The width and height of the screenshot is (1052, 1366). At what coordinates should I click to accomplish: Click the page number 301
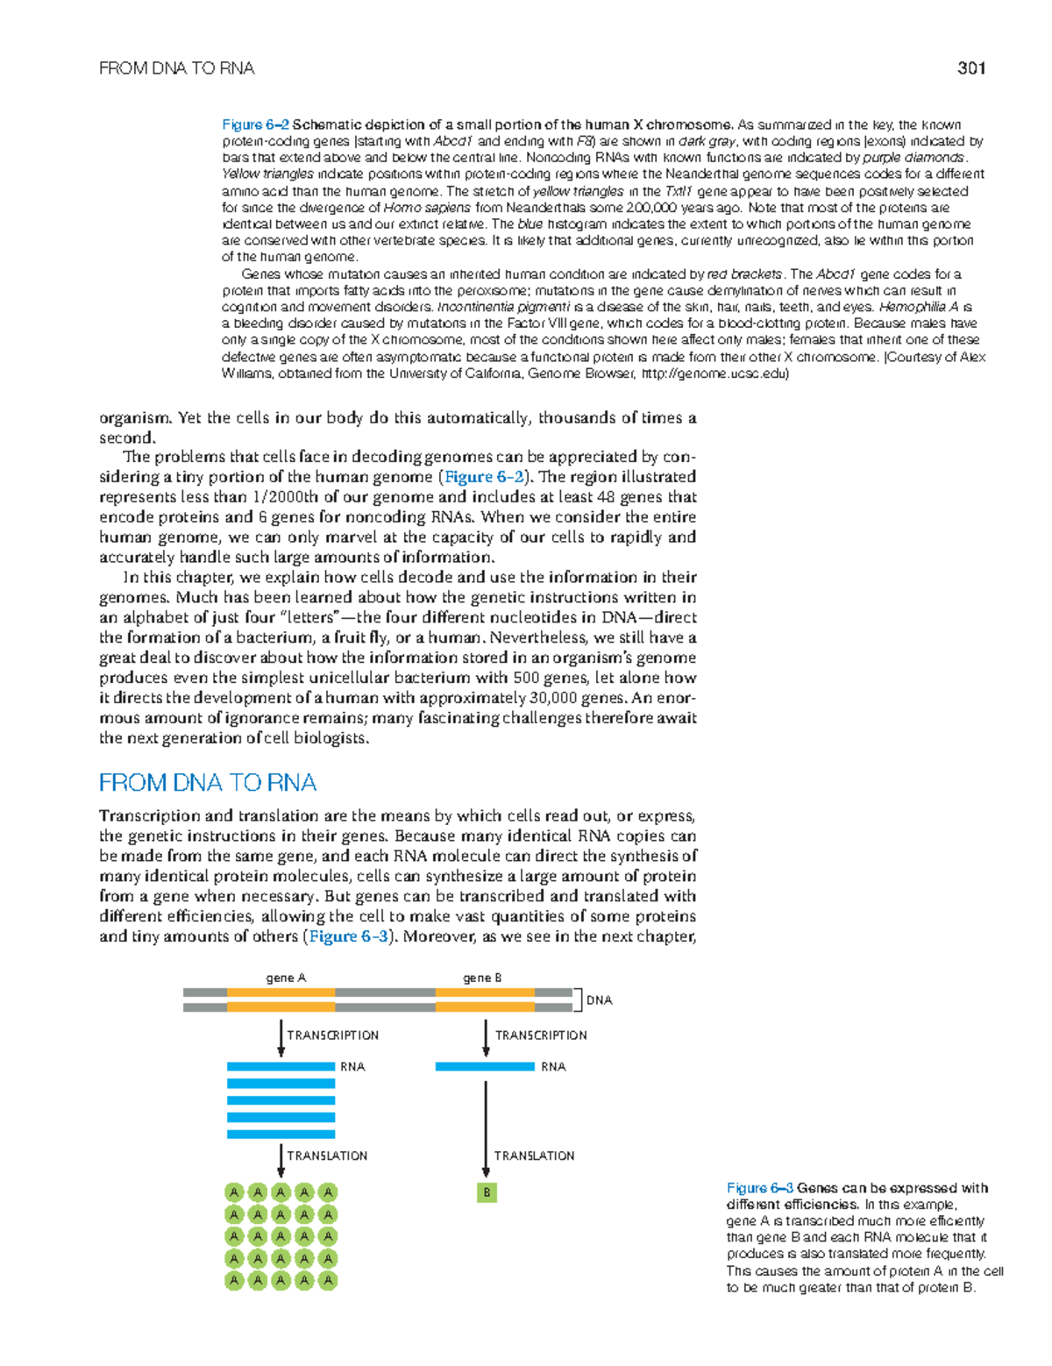click(971, 68)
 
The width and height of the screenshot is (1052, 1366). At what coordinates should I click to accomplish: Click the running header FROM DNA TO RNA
click(176, 68)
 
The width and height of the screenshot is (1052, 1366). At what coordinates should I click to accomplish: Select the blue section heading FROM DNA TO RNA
click(208, 782)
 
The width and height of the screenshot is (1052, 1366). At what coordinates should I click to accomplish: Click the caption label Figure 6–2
click(255, 125)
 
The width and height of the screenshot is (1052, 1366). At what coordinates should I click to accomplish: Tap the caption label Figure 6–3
click(759, 1188)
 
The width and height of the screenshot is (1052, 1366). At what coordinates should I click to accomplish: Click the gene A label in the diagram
click(286, 978)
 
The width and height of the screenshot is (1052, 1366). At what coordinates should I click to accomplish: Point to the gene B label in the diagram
click(482, 978)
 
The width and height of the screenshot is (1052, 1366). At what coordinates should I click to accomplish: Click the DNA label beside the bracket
click(600, 1000)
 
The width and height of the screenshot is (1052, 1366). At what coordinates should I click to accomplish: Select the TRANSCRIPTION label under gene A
click(333, 1035)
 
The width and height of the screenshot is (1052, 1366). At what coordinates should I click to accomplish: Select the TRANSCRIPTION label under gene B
click(541, 1035)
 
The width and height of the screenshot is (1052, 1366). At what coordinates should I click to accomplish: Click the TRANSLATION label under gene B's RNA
click(534, 1156)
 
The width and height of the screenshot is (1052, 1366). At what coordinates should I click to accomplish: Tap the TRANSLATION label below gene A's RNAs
click(327, 1156)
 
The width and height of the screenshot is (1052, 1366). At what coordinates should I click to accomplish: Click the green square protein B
click(487, 1192)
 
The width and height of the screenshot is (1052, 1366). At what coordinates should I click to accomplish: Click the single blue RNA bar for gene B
click(485, 1066)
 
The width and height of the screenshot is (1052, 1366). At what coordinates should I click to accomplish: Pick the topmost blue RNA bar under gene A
click(281, 1066)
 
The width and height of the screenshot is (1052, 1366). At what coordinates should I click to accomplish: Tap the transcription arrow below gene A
click(281, 1037)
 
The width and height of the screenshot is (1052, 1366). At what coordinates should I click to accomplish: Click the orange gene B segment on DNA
click(485, 1000)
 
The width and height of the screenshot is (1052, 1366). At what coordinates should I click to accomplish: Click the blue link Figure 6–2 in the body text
click(484, 477)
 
